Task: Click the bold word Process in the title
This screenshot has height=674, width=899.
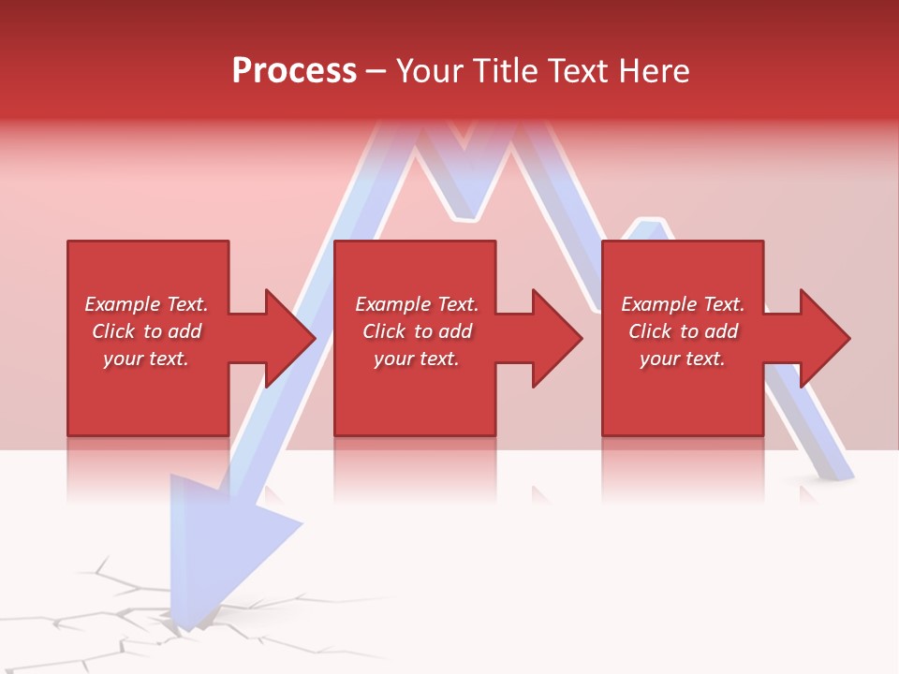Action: (x=294, y=71)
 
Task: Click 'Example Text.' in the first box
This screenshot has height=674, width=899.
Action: (x=146, y=304)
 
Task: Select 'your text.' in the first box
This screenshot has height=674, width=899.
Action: (x=146, y=359)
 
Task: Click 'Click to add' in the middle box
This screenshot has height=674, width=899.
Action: (x=417, y=331)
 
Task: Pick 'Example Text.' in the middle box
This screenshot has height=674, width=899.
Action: (x=417, y=304)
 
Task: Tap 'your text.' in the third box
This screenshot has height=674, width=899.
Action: (x=683, y=359)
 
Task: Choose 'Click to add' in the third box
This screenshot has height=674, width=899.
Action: (x=683, y=331)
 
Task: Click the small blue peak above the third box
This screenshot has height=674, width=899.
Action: (x=644, y=227)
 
